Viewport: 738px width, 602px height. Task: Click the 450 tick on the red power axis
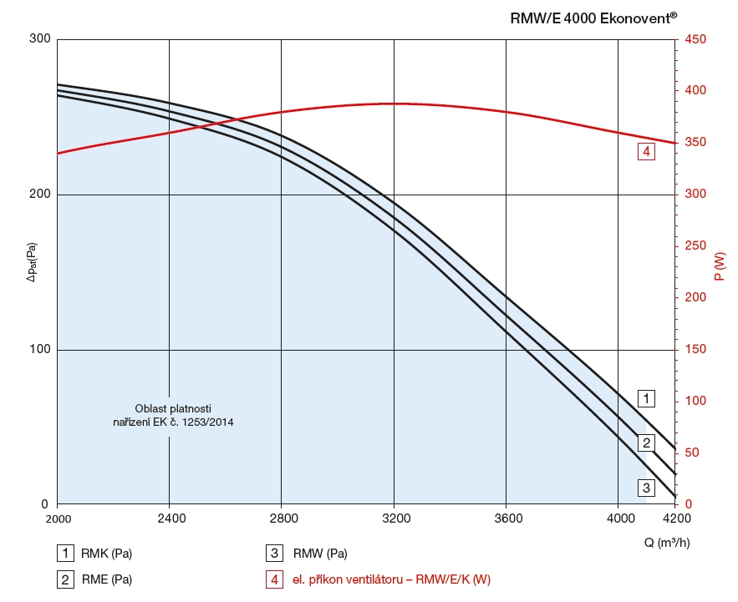(695, 39)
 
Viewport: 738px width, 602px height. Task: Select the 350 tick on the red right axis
(695, 143)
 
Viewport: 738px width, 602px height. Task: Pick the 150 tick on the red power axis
(695, 350)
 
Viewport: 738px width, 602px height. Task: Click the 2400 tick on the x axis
(170, 519)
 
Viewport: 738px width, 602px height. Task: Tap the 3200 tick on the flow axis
(394, 519)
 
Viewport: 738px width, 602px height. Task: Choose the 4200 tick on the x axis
(675, 519)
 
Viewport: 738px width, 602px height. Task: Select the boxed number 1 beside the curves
(646, 397)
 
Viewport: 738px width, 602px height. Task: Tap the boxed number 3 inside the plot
(646, 487)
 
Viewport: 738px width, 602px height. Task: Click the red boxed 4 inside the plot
(645, 152)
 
